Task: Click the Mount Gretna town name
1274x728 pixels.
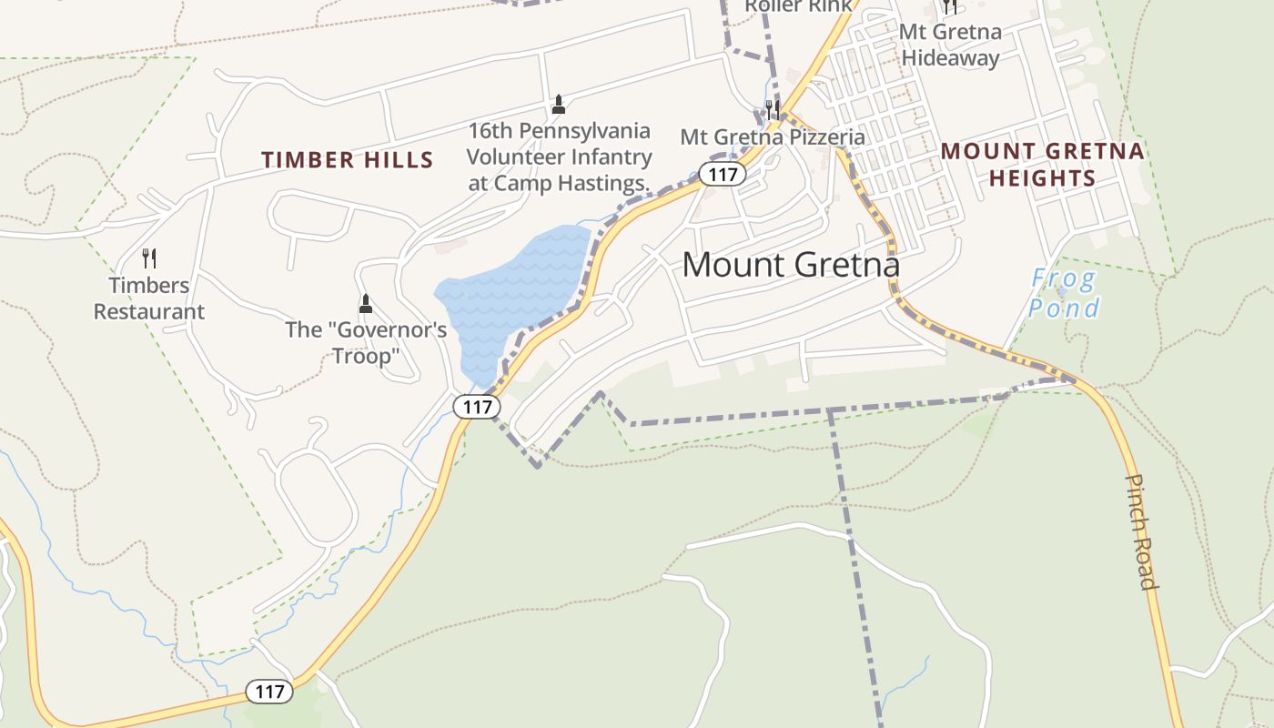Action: (791, 265)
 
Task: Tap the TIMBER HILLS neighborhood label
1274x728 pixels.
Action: (348, 160)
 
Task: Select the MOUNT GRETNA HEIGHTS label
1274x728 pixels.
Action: (1043, 164)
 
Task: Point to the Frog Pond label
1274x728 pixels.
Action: (1064, 293)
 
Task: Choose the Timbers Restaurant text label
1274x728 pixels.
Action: (149, 298)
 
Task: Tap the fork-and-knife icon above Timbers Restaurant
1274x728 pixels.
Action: (149, 258)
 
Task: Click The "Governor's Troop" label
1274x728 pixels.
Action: (366, 342)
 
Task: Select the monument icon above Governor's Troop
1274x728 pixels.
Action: (366, 303)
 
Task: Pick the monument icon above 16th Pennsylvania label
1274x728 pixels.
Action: (559, 105)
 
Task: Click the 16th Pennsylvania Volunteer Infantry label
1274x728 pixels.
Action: (559, 157)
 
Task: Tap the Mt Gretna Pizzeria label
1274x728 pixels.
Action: (773, 137)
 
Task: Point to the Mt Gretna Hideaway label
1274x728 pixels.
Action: (950, 45)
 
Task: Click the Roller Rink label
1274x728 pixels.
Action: (798, 6)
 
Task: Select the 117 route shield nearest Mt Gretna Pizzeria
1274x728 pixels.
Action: (723, 174)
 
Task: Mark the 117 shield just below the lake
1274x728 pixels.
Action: (477, 407)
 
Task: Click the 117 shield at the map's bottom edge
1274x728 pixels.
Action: (269, 692)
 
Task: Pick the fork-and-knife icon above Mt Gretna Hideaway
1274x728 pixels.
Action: (950, 6)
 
